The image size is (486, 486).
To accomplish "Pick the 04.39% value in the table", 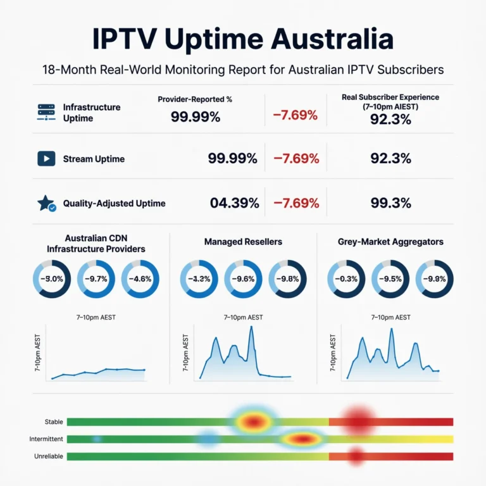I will point(234,203).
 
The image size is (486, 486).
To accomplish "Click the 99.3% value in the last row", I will point(390,203).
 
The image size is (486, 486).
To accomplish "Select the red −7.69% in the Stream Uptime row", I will point(296,159).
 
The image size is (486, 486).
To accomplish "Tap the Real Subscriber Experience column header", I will point(390,101).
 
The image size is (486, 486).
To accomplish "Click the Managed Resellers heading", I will point(243,242).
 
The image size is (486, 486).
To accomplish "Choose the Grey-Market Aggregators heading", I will point(390,242).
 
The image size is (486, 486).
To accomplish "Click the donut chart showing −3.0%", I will point(51,278).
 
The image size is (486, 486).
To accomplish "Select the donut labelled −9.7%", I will point(96,278).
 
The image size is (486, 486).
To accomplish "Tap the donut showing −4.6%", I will point(140,278).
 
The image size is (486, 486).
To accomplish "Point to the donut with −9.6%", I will point(243,278).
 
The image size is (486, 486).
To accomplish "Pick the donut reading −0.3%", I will point(346,278).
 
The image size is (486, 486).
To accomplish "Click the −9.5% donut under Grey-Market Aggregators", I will point(390,278).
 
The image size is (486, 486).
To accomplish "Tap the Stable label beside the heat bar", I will point(54,421).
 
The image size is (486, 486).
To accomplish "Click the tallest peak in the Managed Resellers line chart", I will point(251,327).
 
